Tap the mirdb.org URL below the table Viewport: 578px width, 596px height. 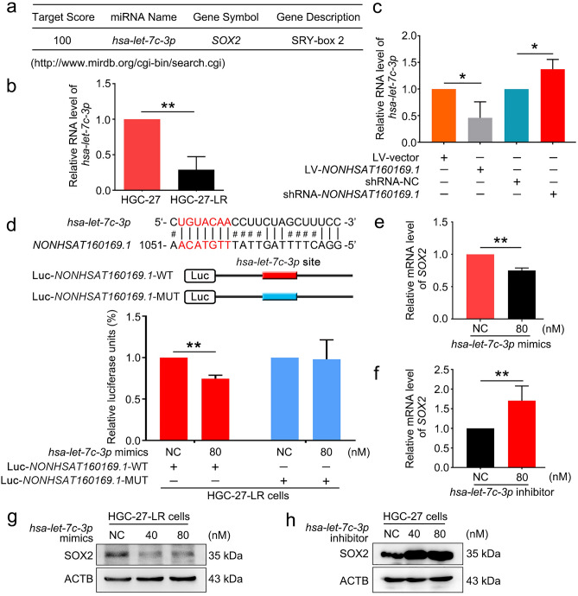coord(122,63)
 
